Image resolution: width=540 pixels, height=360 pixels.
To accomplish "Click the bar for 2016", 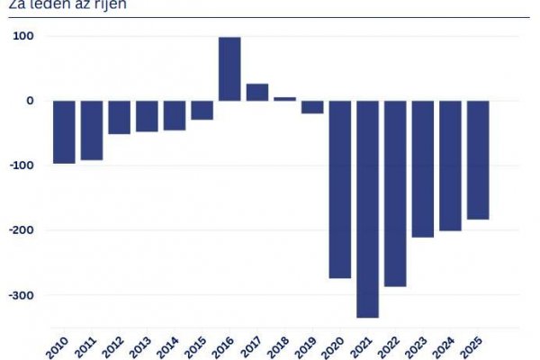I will [229, 69].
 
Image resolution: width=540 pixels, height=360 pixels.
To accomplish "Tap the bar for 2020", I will [340, 189].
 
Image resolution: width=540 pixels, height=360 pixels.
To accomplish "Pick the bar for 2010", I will [64, 132].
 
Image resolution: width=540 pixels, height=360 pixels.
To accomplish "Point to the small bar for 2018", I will [284, 99].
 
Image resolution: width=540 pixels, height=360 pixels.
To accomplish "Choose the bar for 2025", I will [478, 160].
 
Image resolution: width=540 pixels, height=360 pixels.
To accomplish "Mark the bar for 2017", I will [257, 93].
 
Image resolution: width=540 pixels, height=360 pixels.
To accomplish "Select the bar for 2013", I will [147, 116].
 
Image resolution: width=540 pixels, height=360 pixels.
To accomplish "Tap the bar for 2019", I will [312, 107].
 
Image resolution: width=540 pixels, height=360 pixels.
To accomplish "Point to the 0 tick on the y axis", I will [30, 101].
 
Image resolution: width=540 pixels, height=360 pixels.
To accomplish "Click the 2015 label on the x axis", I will [202, 346].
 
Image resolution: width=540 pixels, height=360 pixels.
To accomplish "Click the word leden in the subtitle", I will [41, 4].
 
